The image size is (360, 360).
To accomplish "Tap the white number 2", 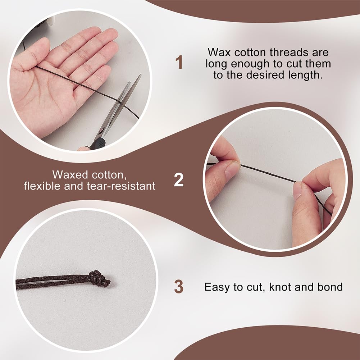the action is [179, 180].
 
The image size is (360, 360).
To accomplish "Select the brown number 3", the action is [179, 287].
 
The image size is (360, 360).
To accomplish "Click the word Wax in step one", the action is [219, 53].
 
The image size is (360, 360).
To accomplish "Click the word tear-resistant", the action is [121, 186].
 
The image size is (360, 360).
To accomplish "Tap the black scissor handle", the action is [97, 144].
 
